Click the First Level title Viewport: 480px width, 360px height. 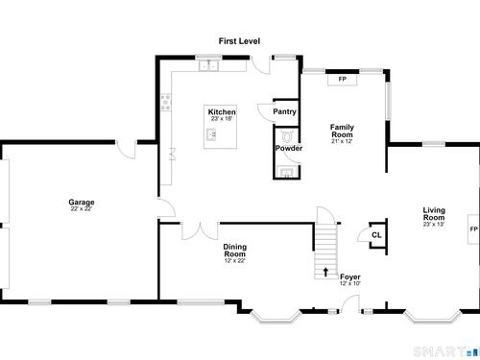point(239,41)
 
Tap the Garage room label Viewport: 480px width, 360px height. point(82,202)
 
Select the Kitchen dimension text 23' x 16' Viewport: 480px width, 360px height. point(222,119)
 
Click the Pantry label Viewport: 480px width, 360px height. point(284,111)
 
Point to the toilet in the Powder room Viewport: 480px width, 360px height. point(286,136)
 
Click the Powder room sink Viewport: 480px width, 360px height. point(287,172)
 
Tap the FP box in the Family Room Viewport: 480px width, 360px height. point(342,80)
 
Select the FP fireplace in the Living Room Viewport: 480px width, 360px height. point(473,229)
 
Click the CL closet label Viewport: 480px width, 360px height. point(376,235)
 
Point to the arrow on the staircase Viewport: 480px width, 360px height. point(325,272)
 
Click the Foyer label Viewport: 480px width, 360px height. point(350,276)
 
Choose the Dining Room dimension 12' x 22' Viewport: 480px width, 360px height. point(234,261)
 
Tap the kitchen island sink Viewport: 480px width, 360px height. point(211,134)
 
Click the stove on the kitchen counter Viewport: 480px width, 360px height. point(165,102)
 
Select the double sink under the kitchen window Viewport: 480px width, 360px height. point(208,65)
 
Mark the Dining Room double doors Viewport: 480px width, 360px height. point(201,231)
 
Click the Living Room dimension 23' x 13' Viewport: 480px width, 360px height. point(434,225)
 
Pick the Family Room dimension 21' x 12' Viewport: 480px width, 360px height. point(342,141)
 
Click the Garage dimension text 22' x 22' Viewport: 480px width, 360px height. point(82,209)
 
